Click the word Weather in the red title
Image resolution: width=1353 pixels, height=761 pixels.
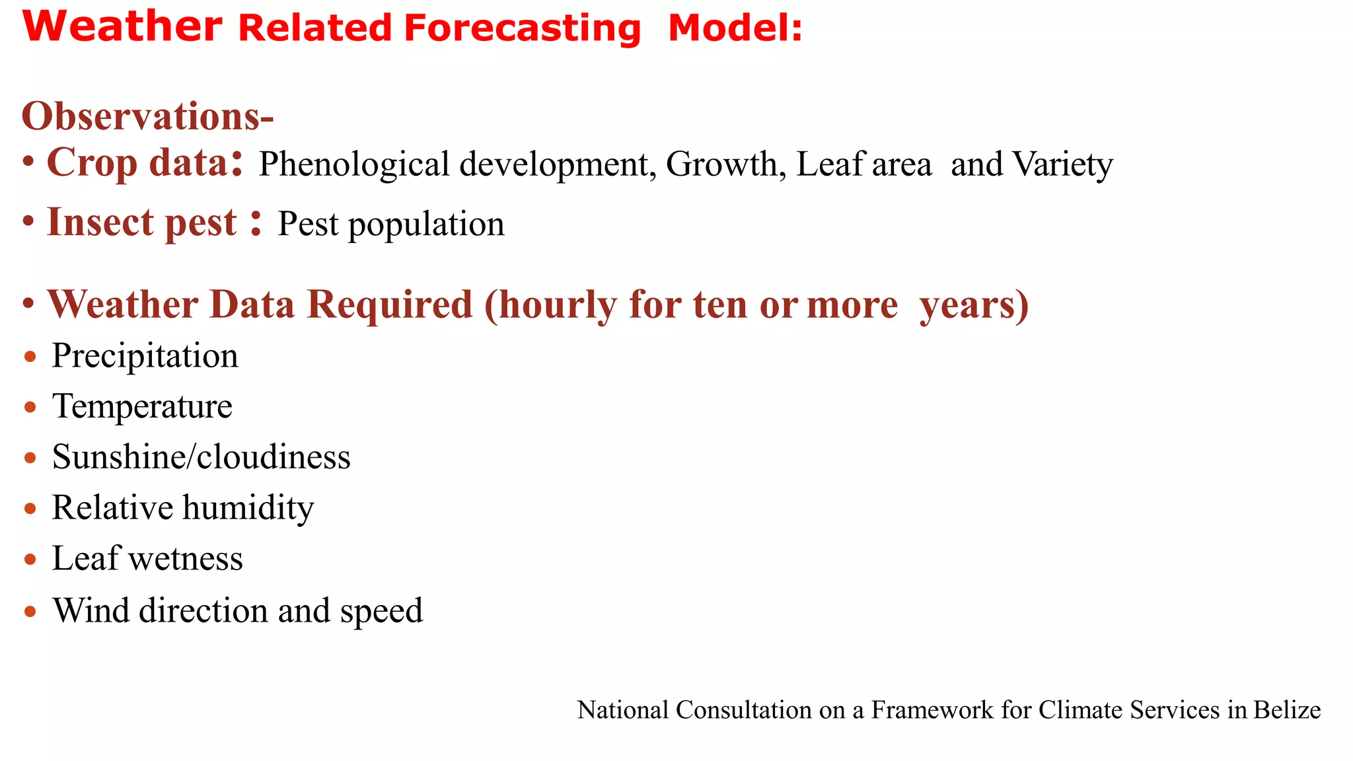click(x=122, y=28)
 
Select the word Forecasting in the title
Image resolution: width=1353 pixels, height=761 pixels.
click(x=522, y=29)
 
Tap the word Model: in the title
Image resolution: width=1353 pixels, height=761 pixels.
click(x=735, y=29)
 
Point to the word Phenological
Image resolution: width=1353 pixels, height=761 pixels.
click(x=354, y=164)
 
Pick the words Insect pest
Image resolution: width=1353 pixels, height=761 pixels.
click(x=141, y=222)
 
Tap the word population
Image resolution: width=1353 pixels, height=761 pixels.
click(x=426, y=225)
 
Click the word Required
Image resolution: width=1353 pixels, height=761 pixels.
click(x=390, y=305)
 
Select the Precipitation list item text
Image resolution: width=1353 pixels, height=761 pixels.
click(x=145, y=357)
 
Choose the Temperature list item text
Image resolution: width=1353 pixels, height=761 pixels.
click(x=142, y=407)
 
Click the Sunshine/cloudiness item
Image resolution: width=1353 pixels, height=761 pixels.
click(x=201, y=457)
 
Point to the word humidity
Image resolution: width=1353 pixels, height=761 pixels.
click(x=248, y=508)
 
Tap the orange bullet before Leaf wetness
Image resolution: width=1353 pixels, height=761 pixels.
click(x=30, y=560)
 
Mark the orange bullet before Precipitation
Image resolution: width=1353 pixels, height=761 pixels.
click(x=30, y=357)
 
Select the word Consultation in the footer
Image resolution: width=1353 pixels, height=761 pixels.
click(x=744, y=710)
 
